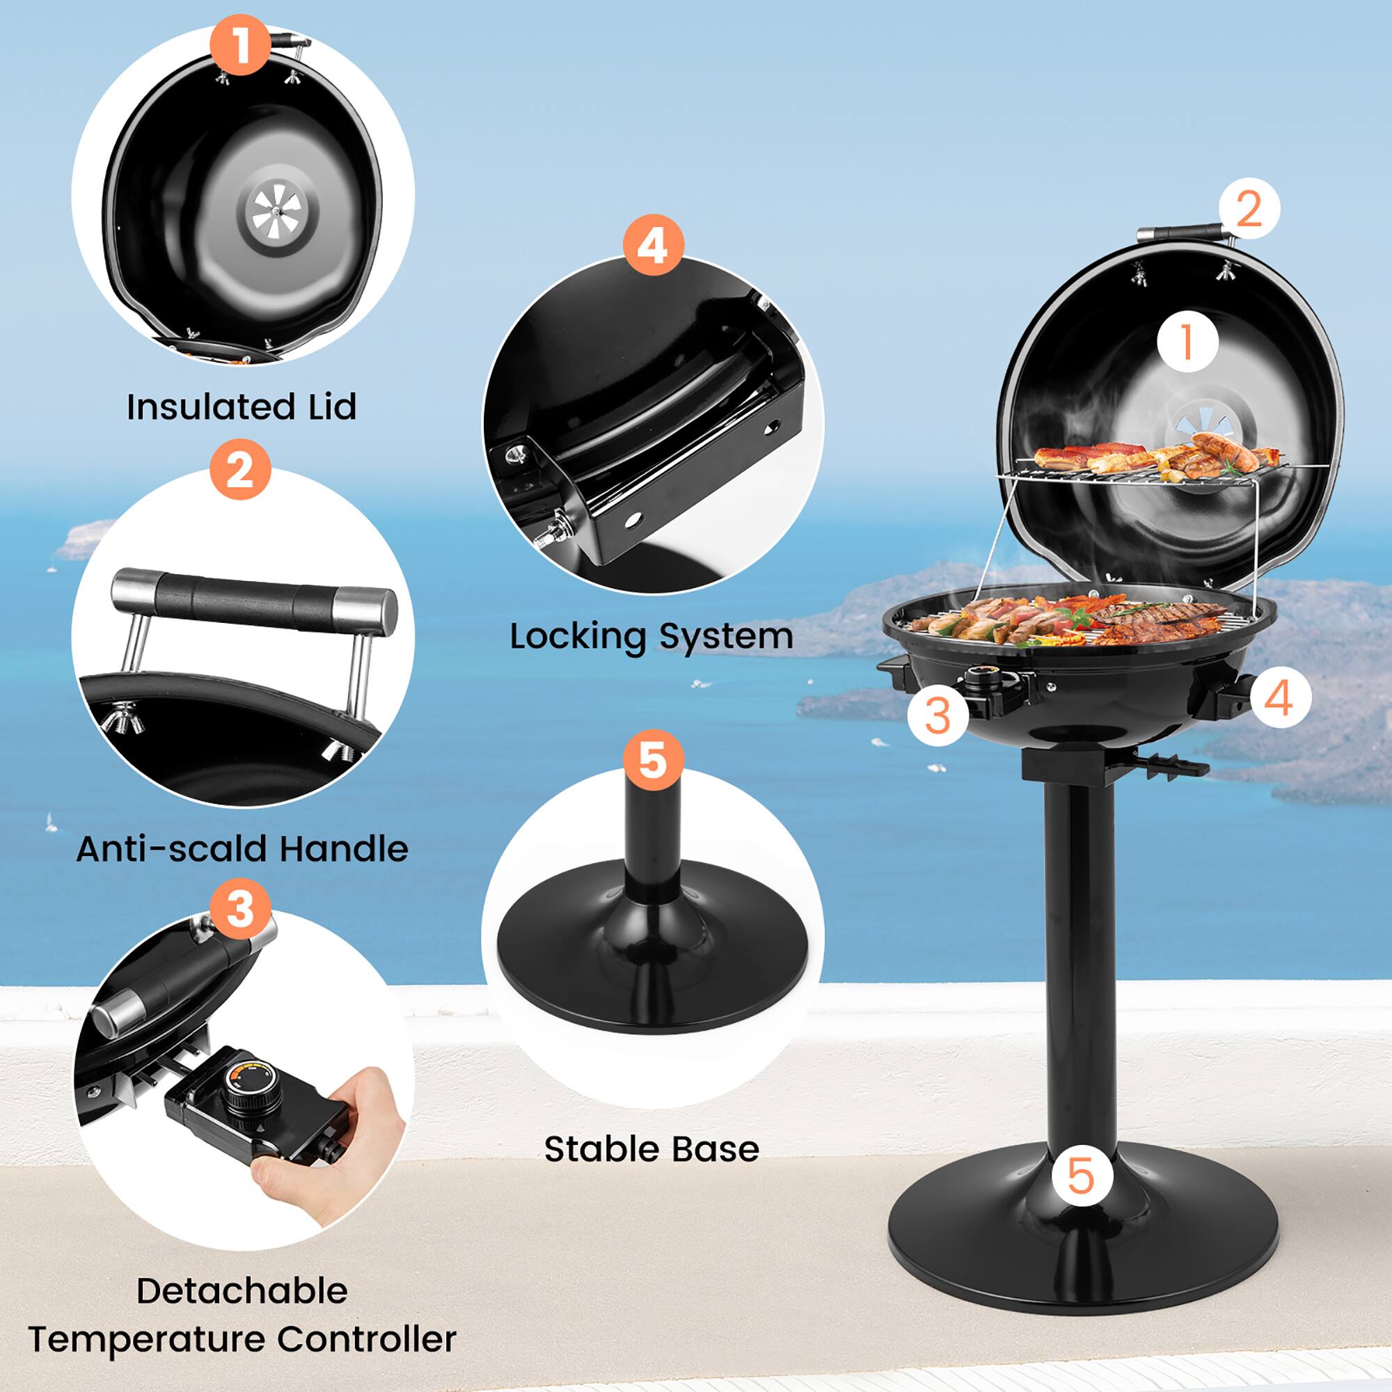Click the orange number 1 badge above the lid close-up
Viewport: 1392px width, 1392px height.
pos(241,45)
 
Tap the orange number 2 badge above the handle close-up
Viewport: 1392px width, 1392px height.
pos(241,470)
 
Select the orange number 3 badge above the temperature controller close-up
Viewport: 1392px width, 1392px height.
pos(241,908)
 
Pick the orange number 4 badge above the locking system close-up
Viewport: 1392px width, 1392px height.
pos(653,245)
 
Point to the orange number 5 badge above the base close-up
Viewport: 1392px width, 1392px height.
pos(653,761)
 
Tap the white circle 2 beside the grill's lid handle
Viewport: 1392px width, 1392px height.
pos(1249,208)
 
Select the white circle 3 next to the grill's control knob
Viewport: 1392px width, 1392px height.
pos(938,715)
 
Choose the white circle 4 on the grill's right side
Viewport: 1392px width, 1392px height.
pos(1281,697)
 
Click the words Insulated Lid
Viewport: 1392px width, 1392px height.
pos(242,407)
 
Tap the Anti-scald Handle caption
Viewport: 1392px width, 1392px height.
pos(242,848)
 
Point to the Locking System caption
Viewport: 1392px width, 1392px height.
pos(651,636)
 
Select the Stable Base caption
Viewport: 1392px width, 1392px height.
pos(651,1148)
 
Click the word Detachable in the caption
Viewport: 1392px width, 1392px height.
pos(242,1290)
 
